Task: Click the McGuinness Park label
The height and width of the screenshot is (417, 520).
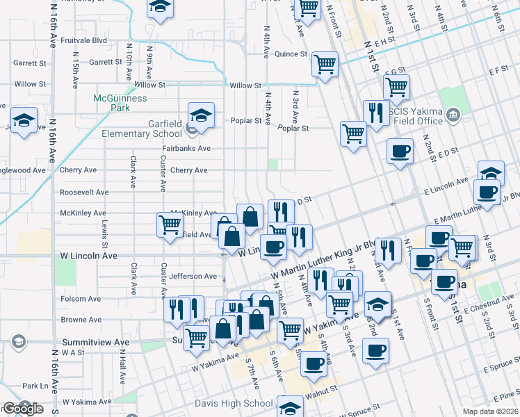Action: pyautogui.click(x=120, y=104)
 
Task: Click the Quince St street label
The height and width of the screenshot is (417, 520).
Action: pyautogui.click(x=291, y=54)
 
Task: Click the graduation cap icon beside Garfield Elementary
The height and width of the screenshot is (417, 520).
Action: pyautogui.click(x=201, y=115)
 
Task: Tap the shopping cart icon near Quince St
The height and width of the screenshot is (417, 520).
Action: pyautogui.click(x=325, y=65)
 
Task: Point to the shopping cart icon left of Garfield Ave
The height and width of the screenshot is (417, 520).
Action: pyautogui.click(x=170, y=226)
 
